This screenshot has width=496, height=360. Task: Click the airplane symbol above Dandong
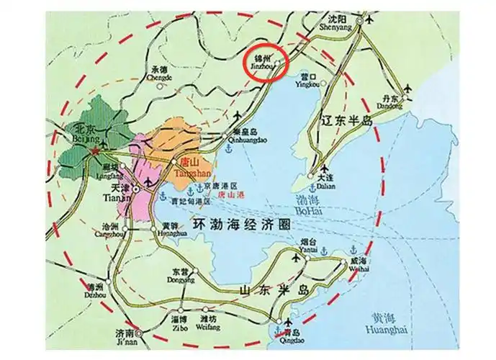pos(408,89)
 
